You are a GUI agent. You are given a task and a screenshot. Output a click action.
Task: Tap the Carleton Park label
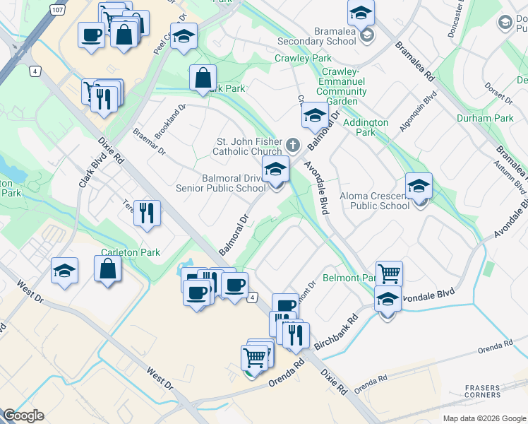tap(131, 252)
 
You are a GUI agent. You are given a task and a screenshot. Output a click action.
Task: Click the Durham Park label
tap(485, 118)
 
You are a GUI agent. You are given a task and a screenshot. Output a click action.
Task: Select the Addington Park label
tap(365, 127)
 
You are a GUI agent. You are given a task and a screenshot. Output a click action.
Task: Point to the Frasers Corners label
tap(483, 392)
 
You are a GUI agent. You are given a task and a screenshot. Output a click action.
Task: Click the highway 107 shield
tap(57, 11)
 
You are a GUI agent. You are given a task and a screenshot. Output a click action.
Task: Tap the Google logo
tap(23, 416)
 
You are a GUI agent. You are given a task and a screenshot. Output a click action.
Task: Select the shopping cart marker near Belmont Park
tap(389, 272)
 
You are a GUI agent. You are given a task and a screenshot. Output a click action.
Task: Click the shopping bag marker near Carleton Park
tap(107, 269)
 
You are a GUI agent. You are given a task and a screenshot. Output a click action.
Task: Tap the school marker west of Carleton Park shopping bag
tap(64, 271)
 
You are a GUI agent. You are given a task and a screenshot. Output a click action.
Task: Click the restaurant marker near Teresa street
tap(147, 213)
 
